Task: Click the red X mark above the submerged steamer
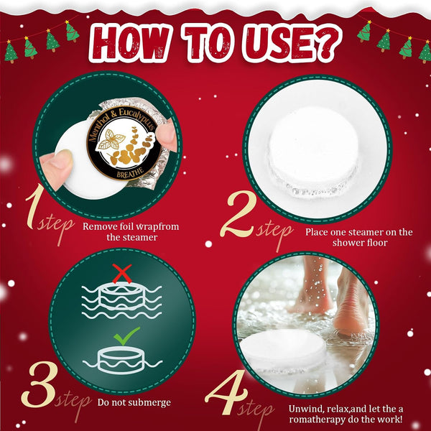122,274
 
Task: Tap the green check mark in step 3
126,336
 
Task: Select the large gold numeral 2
238,213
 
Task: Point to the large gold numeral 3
40,385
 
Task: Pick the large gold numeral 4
226,392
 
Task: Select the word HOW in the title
131,42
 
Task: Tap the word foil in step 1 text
127,226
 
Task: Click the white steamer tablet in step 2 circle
313,151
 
